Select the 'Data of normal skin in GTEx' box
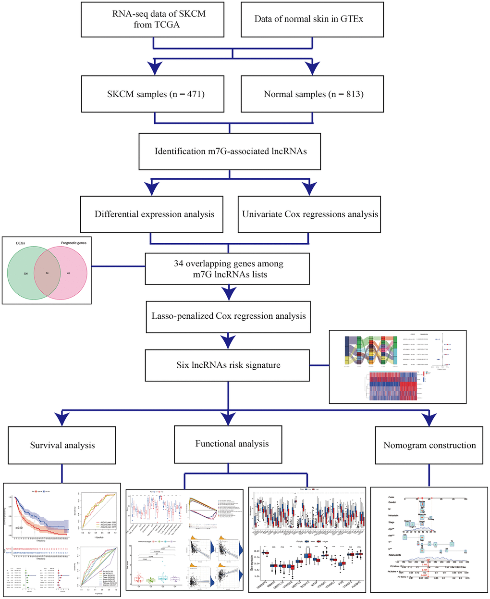click(311, 19)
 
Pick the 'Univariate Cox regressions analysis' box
click(310, 214)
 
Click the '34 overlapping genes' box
click(229, 269)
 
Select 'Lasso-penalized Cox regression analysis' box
click(229, 316)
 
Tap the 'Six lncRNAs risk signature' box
click(228, 365)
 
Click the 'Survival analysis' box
click(62, 445)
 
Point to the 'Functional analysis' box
click(232, 444)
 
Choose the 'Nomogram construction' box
click(429, 445)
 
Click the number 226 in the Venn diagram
click(26, 274)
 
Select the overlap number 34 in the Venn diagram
click(47, 274)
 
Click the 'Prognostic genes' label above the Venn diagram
click(71, 243)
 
